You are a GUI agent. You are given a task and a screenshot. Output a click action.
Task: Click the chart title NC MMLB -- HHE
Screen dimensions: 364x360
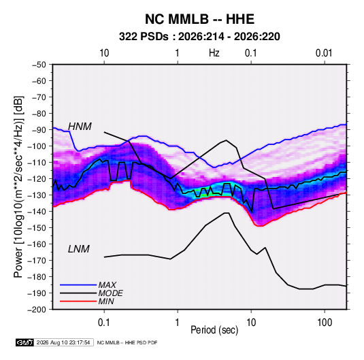199,19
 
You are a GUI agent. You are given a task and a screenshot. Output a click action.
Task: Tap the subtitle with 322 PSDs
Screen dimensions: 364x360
199,37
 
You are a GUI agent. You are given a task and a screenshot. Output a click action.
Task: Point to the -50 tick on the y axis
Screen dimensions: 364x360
39,65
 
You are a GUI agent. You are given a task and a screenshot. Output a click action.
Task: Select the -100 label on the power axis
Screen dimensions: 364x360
37,146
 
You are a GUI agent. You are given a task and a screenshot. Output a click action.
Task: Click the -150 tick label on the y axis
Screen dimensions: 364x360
37,228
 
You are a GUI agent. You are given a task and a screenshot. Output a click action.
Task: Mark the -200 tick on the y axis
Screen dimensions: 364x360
37,310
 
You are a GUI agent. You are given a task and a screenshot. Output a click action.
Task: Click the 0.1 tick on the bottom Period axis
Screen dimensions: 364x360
104,323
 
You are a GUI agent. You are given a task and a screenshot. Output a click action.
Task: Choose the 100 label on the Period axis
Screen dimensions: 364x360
325,323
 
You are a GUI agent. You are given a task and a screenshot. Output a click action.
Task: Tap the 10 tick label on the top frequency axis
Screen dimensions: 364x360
104,53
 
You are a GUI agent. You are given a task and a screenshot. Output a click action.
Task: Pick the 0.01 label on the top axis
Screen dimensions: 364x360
324,53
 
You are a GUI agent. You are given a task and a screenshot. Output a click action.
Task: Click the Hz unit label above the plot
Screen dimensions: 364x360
214,53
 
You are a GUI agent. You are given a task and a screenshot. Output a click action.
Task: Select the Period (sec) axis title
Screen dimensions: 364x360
214,330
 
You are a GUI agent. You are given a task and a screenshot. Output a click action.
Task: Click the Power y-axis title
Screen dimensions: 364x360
18,187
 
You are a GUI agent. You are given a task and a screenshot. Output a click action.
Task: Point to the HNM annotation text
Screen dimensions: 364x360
80,127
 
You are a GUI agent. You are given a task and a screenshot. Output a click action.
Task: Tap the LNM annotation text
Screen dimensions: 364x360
79,249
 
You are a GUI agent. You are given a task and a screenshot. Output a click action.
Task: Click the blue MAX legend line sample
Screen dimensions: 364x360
78,285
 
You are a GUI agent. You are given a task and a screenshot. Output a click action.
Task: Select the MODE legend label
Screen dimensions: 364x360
110,293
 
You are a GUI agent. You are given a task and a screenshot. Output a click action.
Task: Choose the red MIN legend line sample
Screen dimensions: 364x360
78,301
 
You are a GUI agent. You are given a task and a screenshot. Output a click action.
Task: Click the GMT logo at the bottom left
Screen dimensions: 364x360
25,342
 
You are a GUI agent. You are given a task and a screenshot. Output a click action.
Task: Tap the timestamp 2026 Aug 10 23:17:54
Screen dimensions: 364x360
63,342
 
